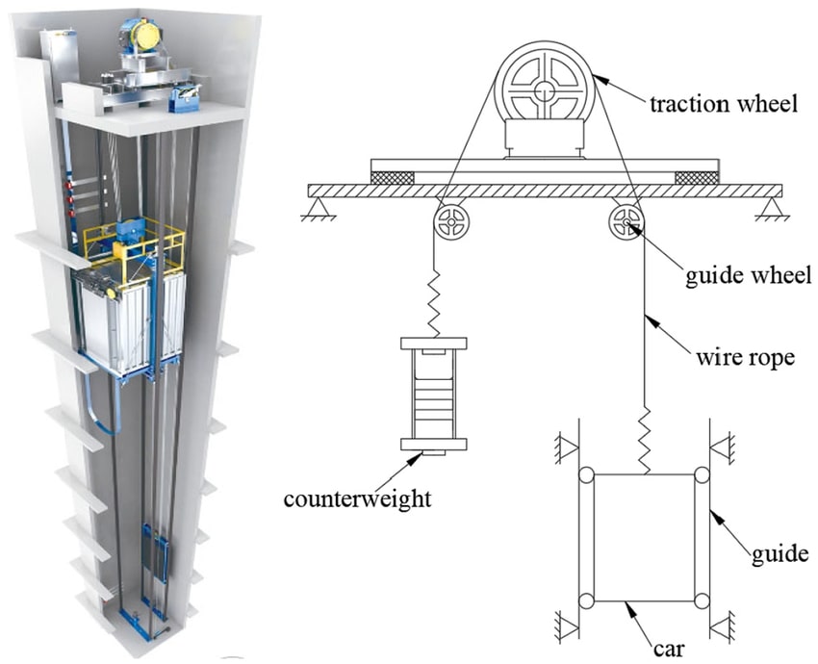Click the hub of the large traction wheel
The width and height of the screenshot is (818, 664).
[x=545, y=91]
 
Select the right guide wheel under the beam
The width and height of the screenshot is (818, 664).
[x=625, y=226]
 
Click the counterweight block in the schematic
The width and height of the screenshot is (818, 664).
[x=433, y=395]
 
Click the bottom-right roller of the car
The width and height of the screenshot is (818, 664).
[x=702, y=601]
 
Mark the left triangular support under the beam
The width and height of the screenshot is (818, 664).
[x=317, y=205]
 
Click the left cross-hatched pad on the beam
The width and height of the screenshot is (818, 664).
[x=393, y=178]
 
